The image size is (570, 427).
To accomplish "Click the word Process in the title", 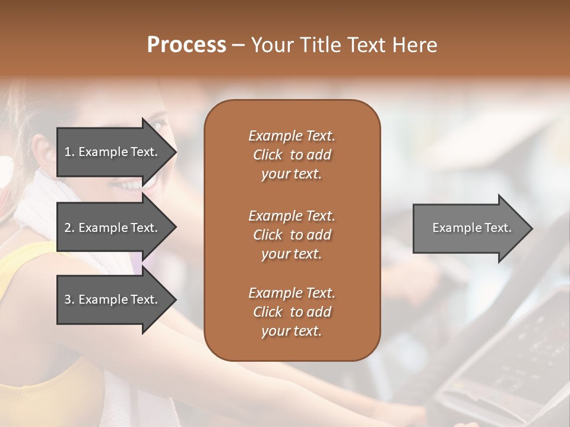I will [x=186, y=45].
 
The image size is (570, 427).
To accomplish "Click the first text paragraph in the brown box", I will [x=292, y=155].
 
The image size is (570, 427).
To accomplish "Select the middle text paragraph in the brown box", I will [x=292, y=234].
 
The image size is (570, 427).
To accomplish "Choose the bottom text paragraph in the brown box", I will [x=292, y=312].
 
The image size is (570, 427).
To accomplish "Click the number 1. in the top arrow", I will [x=69, y=152].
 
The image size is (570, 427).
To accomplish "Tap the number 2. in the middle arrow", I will [x=69, y=228].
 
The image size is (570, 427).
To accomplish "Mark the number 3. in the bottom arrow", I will [x=69, y=299].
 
